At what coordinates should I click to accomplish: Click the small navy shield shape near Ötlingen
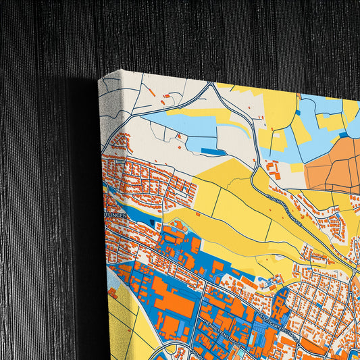click(x=155, y=222)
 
